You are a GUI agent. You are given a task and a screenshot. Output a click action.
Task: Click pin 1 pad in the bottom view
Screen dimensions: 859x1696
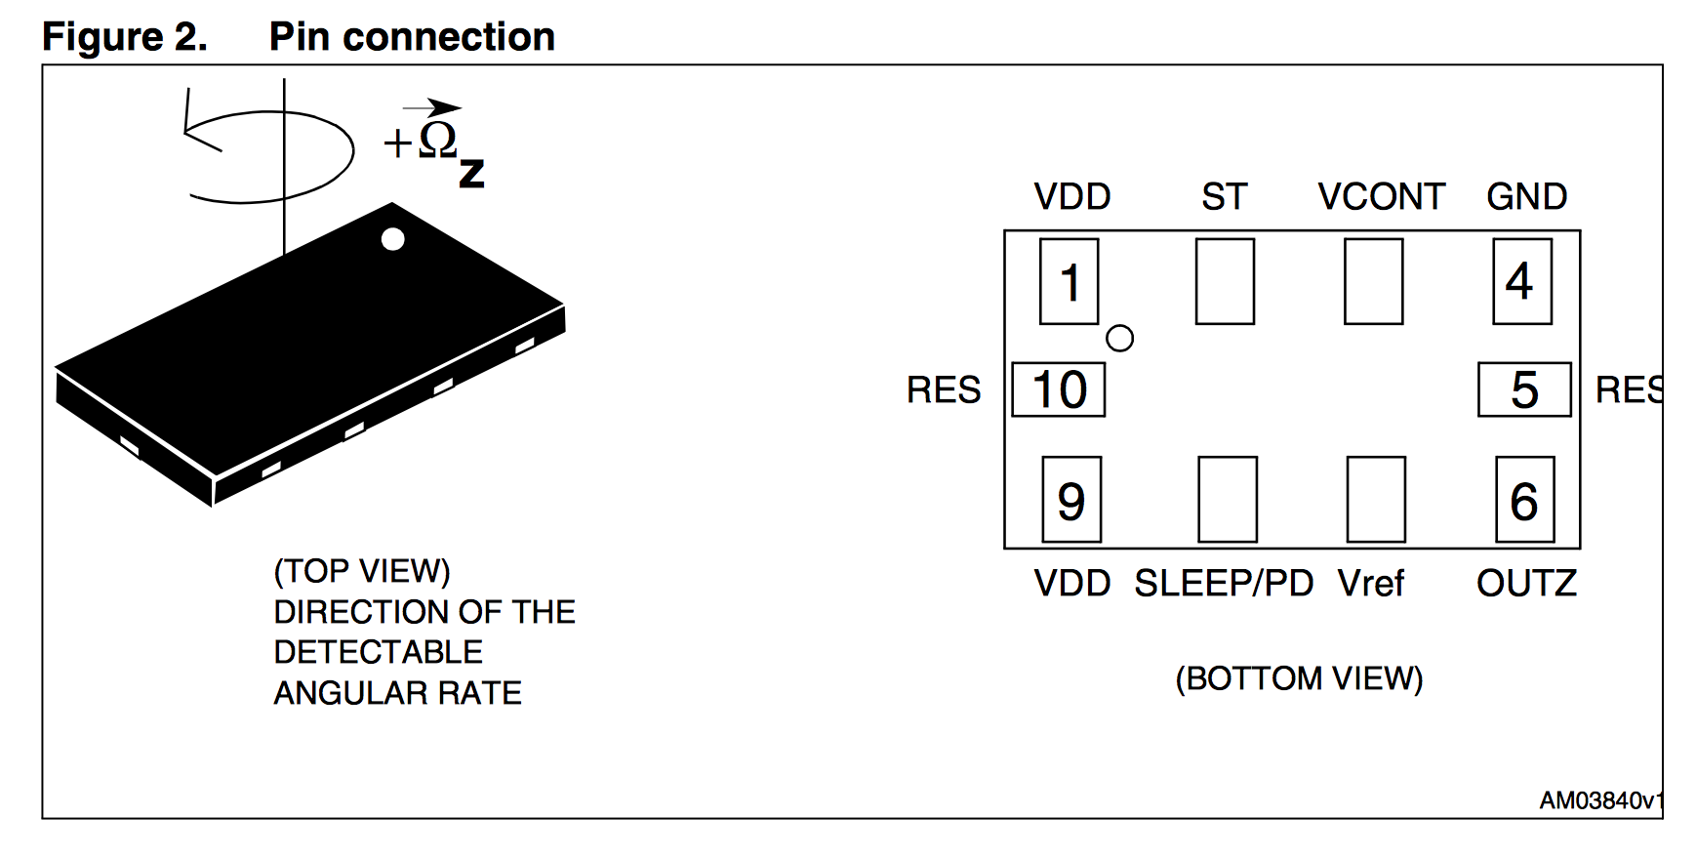1069,281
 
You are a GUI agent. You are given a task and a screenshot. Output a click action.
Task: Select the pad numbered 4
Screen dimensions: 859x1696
1521,281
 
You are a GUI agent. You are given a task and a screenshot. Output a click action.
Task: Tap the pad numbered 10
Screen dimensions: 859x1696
1059,389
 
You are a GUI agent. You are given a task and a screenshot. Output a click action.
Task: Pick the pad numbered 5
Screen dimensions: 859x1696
1524,389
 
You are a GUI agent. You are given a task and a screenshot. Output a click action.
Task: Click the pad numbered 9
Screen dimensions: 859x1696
1071,499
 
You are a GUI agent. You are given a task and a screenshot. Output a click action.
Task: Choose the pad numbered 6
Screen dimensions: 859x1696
1524,499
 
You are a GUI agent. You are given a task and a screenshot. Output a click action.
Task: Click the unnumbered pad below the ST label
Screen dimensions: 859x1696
1225,281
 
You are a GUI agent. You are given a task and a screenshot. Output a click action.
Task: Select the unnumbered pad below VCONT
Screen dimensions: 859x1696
1373,281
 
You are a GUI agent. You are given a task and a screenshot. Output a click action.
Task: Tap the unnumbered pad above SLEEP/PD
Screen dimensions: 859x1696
1228,499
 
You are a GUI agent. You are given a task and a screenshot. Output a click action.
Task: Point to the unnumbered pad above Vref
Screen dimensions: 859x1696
1376,499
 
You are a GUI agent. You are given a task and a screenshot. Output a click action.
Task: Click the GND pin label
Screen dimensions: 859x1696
1526,197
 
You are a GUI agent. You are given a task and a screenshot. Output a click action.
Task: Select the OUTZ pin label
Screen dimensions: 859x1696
1526,584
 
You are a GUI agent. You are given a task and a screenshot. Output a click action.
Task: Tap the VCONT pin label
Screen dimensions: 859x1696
1381,197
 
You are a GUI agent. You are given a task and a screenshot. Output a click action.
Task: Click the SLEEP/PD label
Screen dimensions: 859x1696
1224,584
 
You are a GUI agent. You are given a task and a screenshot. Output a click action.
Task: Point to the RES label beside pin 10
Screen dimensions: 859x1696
944,390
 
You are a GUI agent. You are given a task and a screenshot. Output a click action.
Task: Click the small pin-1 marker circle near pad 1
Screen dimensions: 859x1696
1119,339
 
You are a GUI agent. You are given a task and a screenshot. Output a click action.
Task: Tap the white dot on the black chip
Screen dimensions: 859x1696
393,239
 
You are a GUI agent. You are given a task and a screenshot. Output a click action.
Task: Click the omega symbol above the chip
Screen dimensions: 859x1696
437,140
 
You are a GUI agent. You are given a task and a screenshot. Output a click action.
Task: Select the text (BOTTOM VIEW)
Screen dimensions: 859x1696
1299,678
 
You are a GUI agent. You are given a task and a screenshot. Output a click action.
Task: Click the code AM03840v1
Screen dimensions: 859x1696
1600,801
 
